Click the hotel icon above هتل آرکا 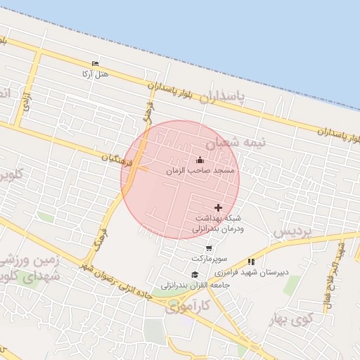(96, 63)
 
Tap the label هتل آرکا (95, 72)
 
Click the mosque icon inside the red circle (199, 160)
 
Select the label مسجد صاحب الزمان (202, 171)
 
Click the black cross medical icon (218, 207)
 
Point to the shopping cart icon (209, 248)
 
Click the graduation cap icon (194, 275)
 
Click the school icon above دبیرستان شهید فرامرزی (251, 262)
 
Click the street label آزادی (27, 103)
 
